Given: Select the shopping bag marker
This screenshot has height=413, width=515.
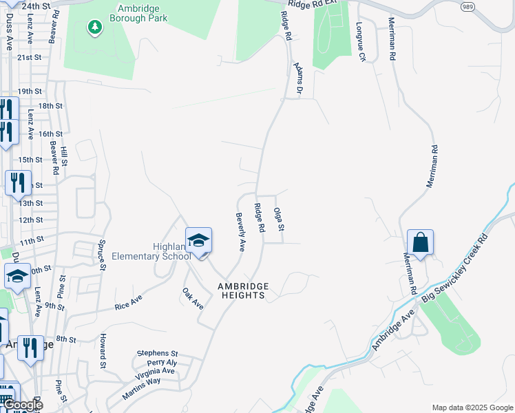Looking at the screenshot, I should pos(420,243).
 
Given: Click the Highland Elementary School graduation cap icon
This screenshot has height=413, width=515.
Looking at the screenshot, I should pos(198,241).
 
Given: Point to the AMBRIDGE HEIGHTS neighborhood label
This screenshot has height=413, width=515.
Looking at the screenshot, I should pos(241,290).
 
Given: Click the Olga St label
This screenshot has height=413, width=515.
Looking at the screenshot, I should pos(280,219).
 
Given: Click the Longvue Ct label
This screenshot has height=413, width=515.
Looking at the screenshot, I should pos(360,42).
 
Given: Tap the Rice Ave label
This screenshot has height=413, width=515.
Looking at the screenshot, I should pos(128,301).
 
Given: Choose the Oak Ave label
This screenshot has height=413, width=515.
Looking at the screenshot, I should pos(193,297).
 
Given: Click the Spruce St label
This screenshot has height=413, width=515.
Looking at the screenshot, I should pos(101,253).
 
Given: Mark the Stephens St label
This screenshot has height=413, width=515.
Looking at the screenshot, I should pos(157,352).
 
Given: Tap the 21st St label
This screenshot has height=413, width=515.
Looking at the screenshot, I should pos(30,58).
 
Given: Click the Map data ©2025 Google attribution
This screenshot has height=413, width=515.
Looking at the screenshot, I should pos(472,407).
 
